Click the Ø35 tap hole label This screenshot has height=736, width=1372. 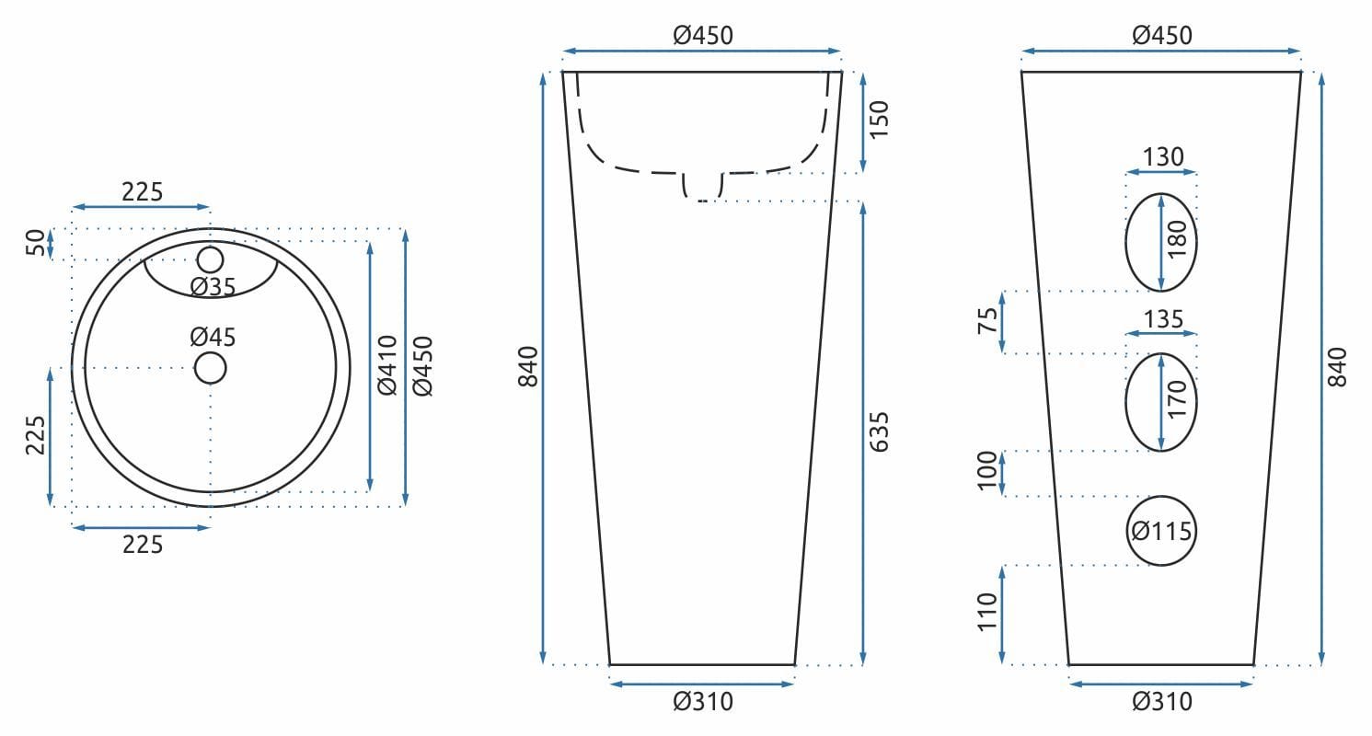pos(213,287)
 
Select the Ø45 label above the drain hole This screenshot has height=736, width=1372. pos(213,337)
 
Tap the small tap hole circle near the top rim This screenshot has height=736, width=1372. pos(211,260)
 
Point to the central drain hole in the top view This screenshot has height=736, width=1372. pos(211,368)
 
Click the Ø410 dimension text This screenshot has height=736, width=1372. pos(387,366)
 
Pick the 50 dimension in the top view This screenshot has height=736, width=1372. pos(34,244)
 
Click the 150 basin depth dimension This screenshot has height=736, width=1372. pos(880,120)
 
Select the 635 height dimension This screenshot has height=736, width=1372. pos(880,431)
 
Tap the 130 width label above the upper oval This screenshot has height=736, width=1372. pos(1163,157)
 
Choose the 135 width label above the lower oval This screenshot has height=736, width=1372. pos(1163,319)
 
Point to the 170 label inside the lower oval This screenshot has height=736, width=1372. pos(1176,401)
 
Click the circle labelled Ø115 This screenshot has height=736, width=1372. pos(1161,531)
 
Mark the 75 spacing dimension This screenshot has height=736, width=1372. pos(986,322)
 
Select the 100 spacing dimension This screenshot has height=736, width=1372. pos(986,472)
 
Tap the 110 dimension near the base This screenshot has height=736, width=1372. pos(986,612)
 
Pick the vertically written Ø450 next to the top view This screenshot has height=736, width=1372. pos(422,366)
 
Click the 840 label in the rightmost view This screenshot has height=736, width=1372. pos(1338,366)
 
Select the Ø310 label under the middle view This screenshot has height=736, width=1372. pos(703,702)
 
